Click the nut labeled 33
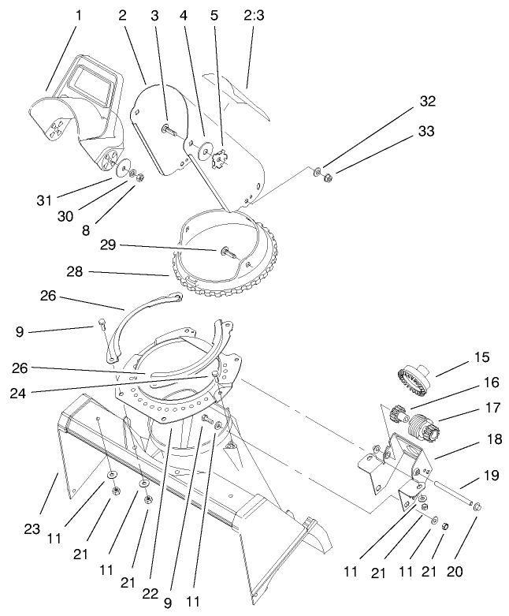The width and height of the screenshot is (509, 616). pos(329,177)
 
